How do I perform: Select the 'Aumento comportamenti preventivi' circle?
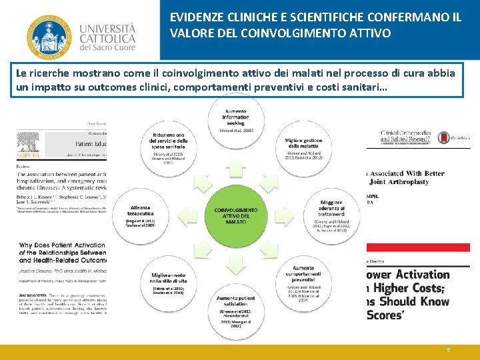303,279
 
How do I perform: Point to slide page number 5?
449,349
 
